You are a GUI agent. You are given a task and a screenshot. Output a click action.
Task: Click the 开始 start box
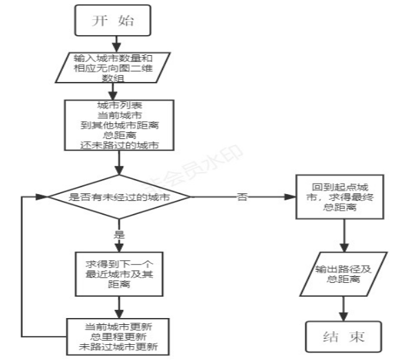[112, 21]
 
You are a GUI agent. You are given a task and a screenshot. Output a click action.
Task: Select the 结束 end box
[343, 337]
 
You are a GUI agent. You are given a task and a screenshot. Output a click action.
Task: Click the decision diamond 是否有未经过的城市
[120, 197]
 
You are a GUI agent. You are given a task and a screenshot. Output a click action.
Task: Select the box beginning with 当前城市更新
[118, 337]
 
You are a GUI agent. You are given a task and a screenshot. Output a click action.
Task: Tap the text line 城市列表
[118, 105]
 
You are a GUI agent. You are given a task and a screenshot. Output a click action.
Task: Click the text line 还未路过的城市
[118, 145]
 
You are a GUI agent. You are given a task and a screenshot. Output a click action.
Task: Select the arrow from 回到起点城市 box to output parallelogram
[343, 237]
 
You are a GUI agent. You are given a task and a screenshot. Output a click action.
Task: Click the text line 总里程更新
[118, 337]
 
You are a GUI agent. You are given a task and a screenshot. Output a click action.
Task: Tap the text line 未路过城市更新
[118, 347]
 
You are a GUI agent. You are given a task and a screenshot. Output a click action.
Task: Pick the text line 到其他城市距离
[118, 125]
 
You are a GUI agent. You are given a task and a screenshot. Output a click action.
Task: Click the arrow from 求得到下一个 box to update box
[120, 307]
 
